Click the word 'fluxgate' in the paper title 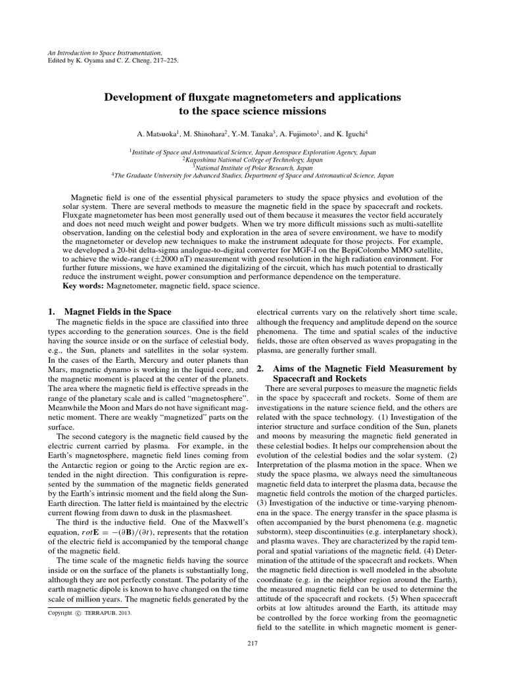199,97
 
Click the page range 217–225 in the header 162,60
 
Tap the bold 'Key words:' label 83,286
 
